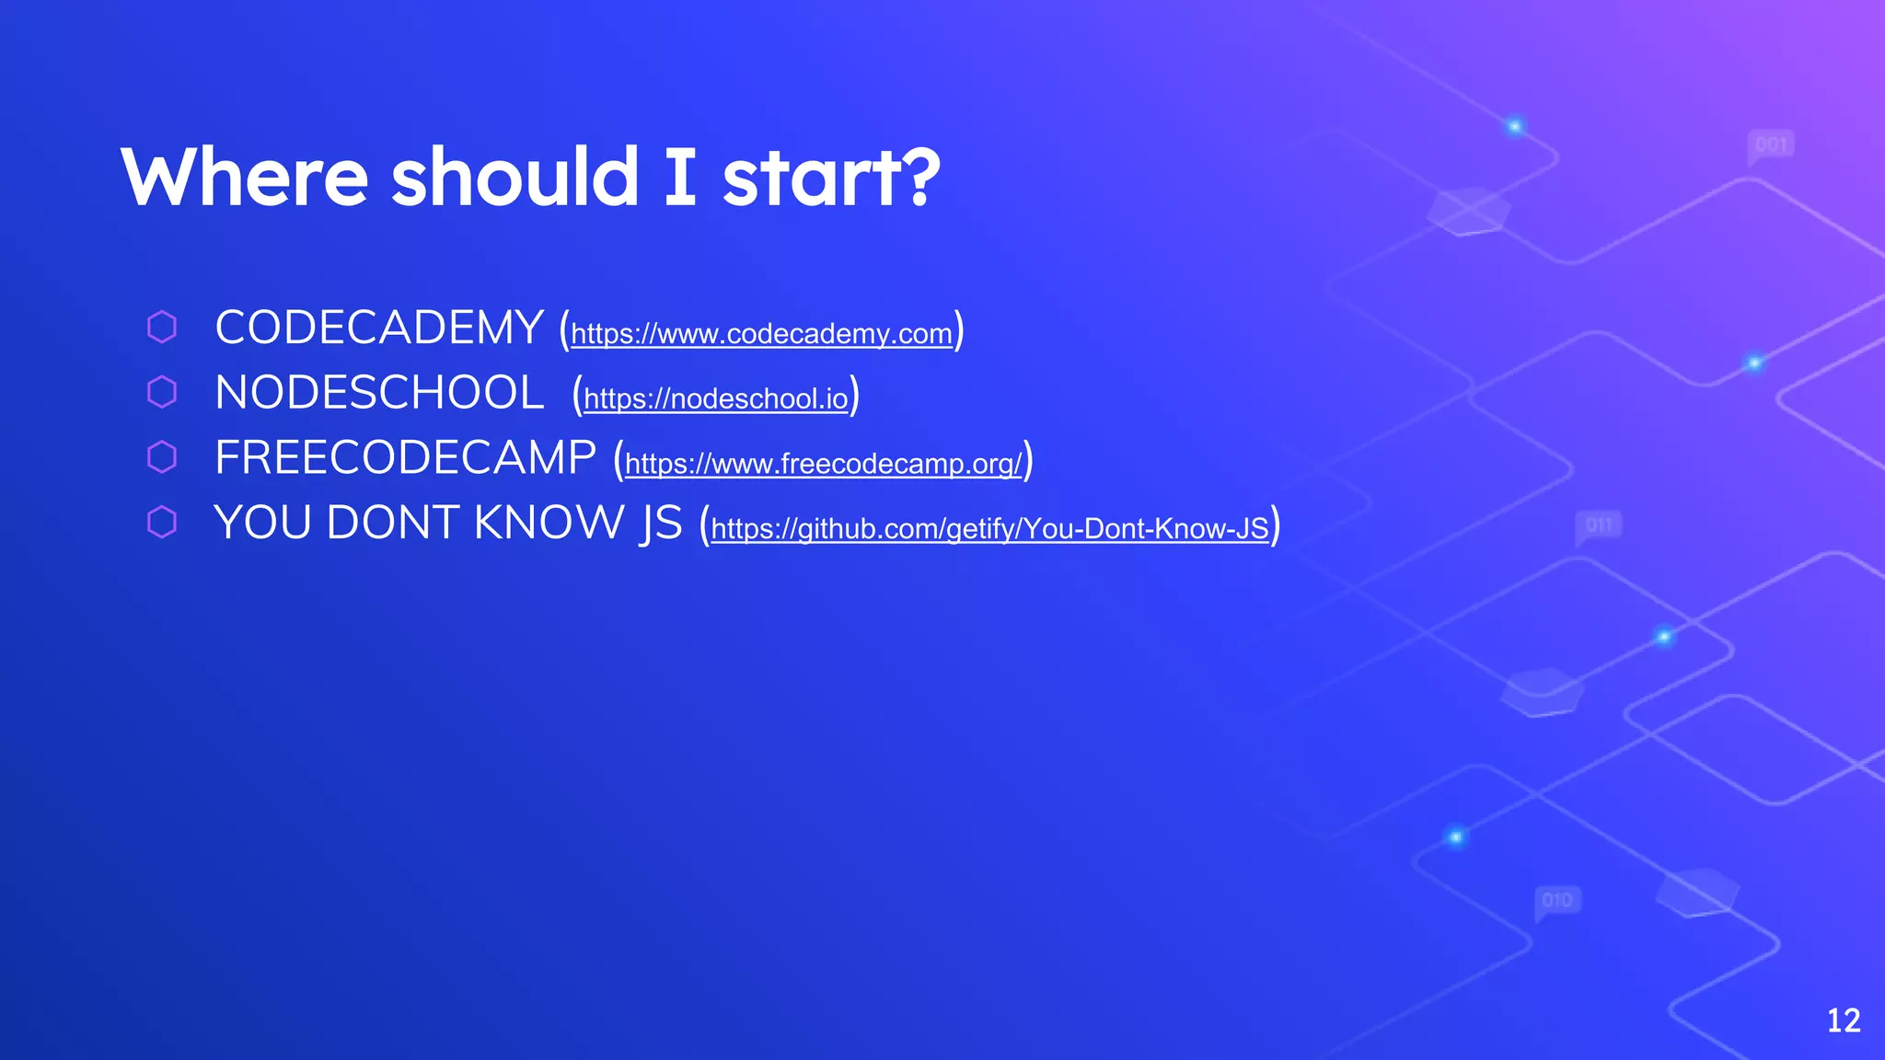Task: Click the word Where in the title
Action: tap(244, 177)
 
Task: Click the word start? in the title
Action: tap(831, 177)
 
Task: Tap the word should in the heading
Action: tap(515, 177)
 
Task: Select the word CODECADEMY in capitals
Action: tap(379, 328)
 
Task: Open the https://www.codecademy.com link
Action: tap(761, 334)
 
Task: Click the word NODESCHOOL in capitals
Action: tap(379, 394)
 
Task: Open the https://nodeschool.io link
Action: tap(715, 399)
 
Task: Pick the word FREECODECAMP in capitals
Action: tap(405, 458)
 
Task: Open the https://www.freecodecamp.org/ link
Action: tap(823, 464)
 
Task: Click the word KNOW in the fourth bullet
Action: tap(549, 524)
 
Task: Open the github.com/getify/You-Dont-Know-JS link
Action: tap(989, 529)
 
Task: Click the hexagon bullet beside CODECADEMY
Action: tap(162, 328)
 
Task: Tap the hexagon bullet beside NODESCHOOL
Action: tap(162, 392)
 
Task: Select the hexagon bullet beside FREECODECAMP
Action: tap(162, 457)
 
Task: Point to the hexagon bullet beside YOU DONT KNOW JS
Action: tap(162, 523)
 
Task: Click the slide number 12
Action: tap(1843, 1020)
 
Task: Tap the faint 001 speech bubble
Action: tap(1770, 145)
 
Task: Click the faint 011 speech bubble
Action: tap(1599, 525)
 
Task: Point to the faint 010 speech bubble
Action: tap(1556, 900)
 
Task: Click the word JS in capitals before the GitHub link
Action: tap(662, 524)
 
